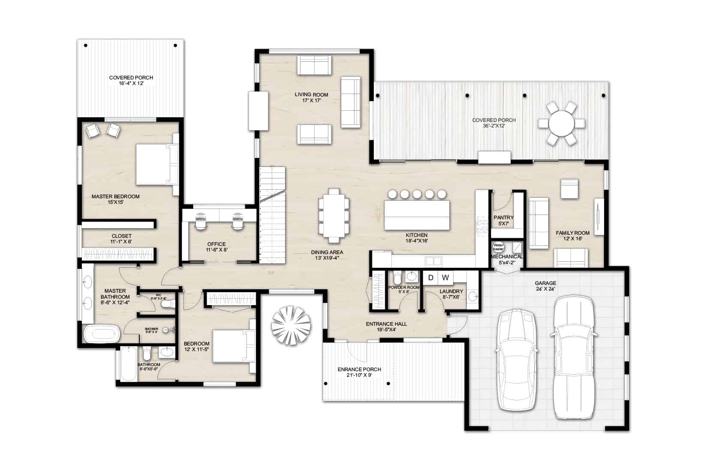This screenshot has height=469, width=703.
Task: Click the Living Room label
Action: click(311, 97)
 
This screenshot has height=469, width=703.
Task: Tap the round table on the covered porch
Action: click(561, 124)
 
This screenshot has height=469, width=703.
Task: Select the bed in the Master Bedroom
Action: click(156, 164)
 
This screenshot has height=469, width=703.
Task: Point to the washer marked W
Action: click(445, 278)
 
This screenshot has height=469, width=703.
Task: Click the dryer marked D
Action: click(430, 278)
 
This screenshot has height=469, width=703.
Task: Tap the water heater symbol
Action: click(498, 247)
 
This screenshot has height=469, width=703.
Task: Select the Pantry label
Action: click(503, 220)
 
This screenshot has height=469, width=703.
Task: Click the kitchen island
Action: click(418, 215)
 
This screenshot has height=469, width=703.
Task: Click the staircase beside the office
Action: click(272, 215)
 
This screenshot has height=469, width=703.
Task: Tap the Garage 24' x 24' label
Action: click(545, 286)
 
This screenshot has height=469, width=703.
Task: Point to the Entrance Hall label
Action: click(386, 327)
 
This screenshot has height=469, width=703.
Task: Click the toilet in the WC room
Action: click(167, 304)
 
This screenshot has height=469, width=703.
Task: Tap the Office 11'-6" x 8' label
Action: click(216, 247)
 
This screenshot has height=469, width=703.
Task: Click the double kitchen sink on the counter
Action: click(433, 261)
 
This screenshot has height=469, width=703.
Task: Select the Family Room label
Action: click(572, 236)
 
